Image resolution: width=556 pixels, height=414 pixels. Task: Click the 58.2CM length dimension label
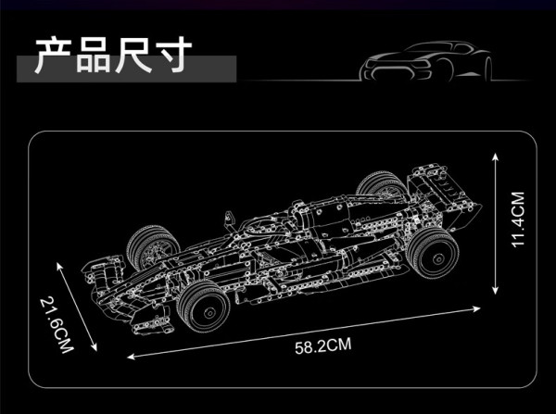point(323,345)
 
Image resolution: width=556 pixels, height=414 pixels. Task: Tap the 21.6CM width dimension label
point(57,325)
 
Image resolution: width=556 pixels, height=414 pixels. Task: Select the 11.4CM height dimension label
point(517,220)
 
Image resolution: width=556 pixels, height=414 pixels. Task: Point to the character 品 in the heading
point(94,55)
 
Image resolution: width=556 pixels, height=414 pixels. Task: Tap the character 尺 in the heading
point(133,55)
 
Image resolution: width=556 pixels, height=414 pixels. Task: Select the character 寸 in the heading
point(172,55)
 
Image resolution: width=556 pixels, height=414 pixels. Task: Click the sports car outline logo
point(426,61)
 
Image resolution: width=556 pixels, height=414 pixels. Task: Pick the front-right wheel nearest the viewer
point(204,307)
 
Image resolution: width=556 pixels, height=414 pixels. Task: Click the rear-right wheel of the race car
point(433,253)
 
